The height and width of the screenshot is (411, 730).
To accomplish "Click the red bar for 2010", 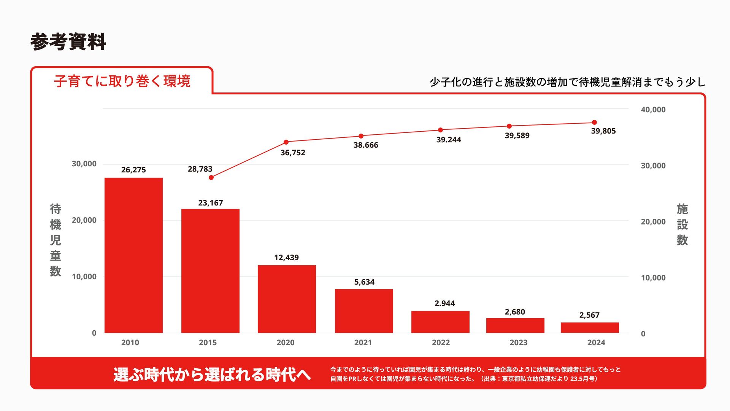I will click(x=133, y=255).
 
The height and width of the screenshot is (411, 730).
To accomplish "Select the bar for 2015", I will click(x=210, y=271).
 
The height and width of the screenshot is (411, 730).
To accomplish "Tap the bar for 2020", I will click(x=287, y=299).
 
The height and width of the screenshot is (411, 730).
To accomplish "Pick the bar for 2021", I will click(x=364, y=311).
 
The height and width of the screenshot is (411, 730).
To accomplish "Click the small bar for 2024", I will click(x=590, y=328).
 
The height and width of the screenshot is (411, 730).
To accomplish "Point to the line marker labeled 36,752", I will click(x=286, y=142).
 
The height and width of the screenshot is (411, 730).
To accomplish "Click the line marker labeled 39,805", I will click(x=594, y=123).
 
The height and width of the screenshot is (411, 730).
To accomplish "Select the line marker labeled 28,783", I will click(x=211, y=178).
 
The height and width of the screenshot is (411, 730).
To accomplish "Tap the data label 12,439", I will click(x=286, y=258).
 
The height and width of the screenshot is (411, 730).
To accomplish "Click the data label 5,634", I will click(x=364, y=282).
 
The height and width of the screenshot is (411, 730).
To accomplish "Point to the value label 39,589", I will click(x=517, y=135).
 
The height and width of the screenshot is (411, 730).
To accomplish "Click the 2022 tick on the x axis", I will click(x=441, y=342).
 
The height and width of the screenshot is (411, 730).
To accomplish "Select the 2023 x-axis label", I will click(x=518, y=342).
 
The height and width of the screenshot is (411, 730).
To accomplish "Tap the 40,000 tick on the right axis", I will click(x=653, y=110).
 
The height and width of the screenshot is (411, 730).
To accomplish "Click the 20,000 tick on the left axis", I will click(x=84, y=220).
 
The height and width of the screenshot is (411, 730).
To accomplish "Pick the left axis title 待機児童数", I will click(x=56, y=240).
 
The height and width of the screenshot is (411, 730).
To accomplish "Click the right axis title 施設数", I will click(x=682, y=225).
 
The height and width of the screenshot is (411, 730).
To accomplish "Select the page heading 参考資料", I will click(x=68, y=41).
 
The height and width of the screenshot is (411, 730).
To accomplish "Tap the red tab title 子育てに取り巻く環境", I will click(x=122, y=81).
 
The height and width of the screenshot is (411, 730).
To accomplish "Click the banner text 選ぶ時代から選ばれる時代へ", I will click(x=212, y=374).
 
